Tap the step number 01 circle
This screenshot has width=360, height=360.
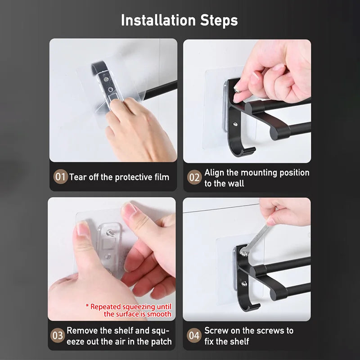coord(60,176)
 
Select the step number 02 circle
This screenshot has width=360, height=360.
coord(194,177)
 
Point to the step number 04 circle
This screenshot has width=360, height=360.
coord(194,335)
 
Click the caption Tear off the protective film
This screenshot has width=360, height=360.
coord(119,177)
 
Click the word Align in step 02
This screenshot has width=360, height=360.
coord(215,172)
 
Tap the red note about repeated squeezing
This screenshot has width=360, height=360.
coord(129,310)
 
